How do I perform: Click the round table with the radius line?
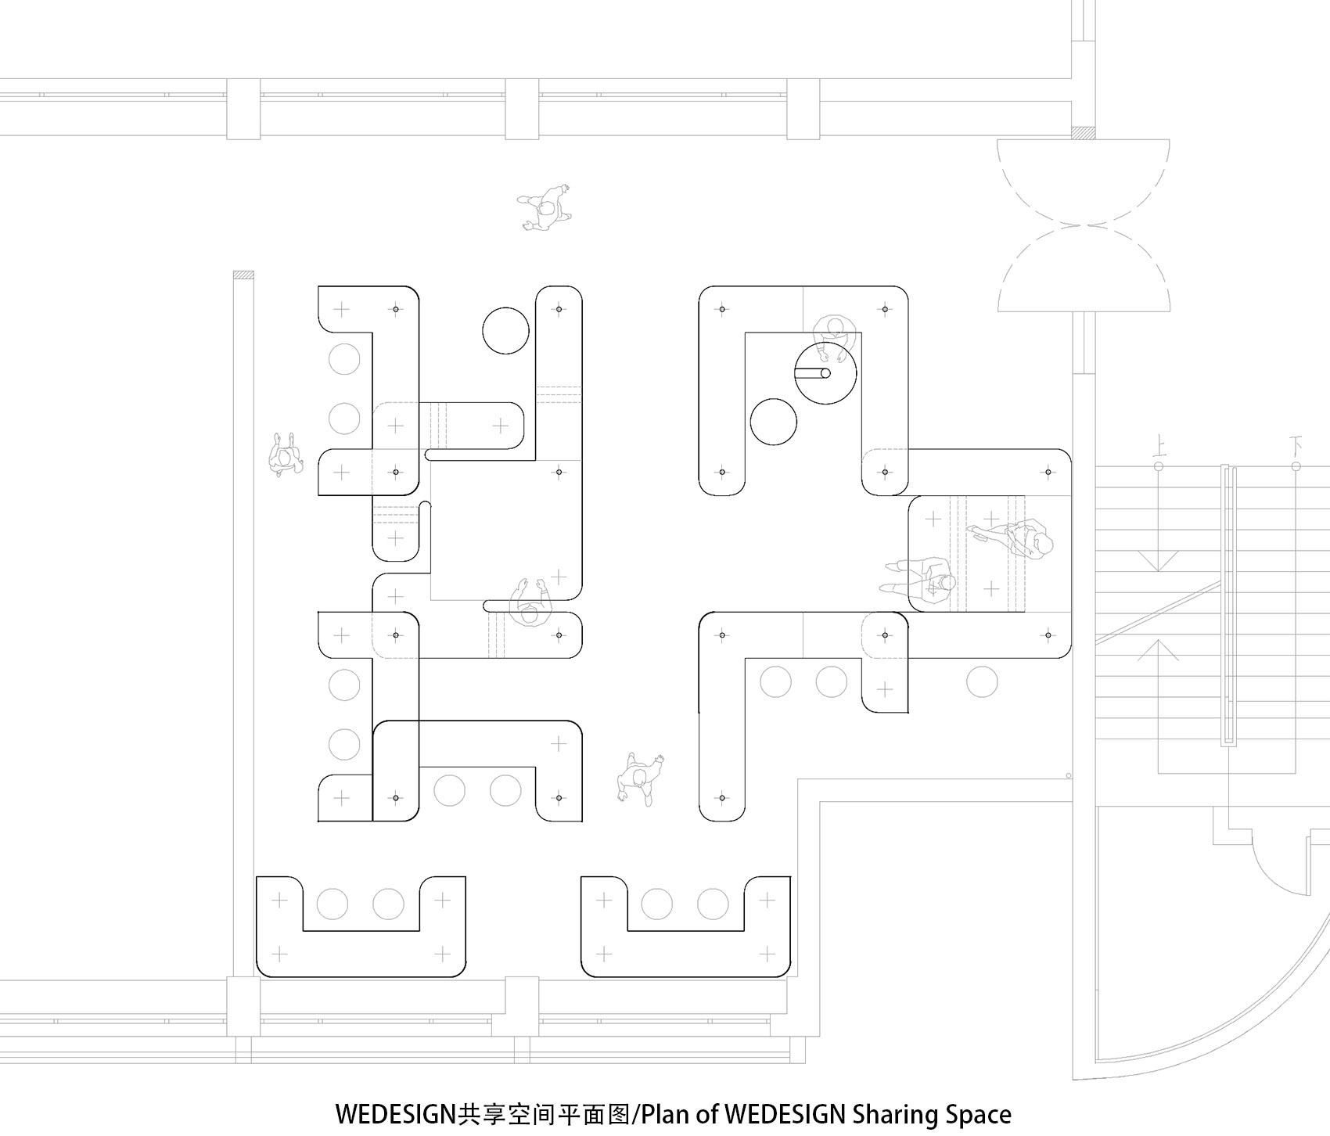point(825,374)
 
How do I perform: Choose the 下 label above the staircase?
point(1295,448)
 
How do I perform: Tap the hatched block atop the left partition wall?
point(243,275)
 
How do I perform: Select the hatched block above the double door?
point(1084,133)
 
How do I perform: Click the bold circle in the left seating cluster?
point(506,331)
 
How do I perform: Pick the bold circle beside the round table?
point(773,421)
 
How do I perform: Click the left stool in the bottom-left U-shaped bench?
point(332,904)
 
